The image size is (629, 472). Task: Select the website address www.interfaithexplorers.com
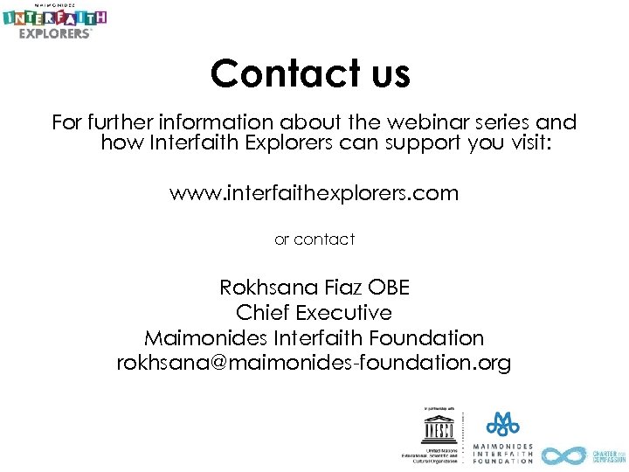pyautogui.click(x=314, y=193)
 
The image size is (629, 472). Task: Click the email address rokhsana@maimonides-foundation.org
pyautogui.click(x=314, y=363)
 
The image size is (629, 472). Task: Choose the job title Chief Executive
pyautogui.click(x=314, y=312)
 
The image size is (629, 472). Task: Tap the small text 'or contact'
pyautogui.click(x=314, y=239)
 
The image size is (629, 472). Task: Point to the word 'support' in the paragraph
pyautogui.click(x=425, y=143)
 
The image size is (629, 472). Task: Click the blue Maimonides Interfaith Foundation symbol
pyautogui.click(x=502, y=425)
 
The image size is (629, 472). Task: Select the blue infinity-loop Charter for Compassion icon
pyautogui.click(x=563, y=455)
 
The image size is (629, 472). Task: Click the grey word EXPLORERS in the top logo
pyautogui.click(x=56, y=33)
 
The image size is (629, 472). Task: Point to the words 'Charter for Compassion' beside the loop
pyautogui.click(x=609, y=455)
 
